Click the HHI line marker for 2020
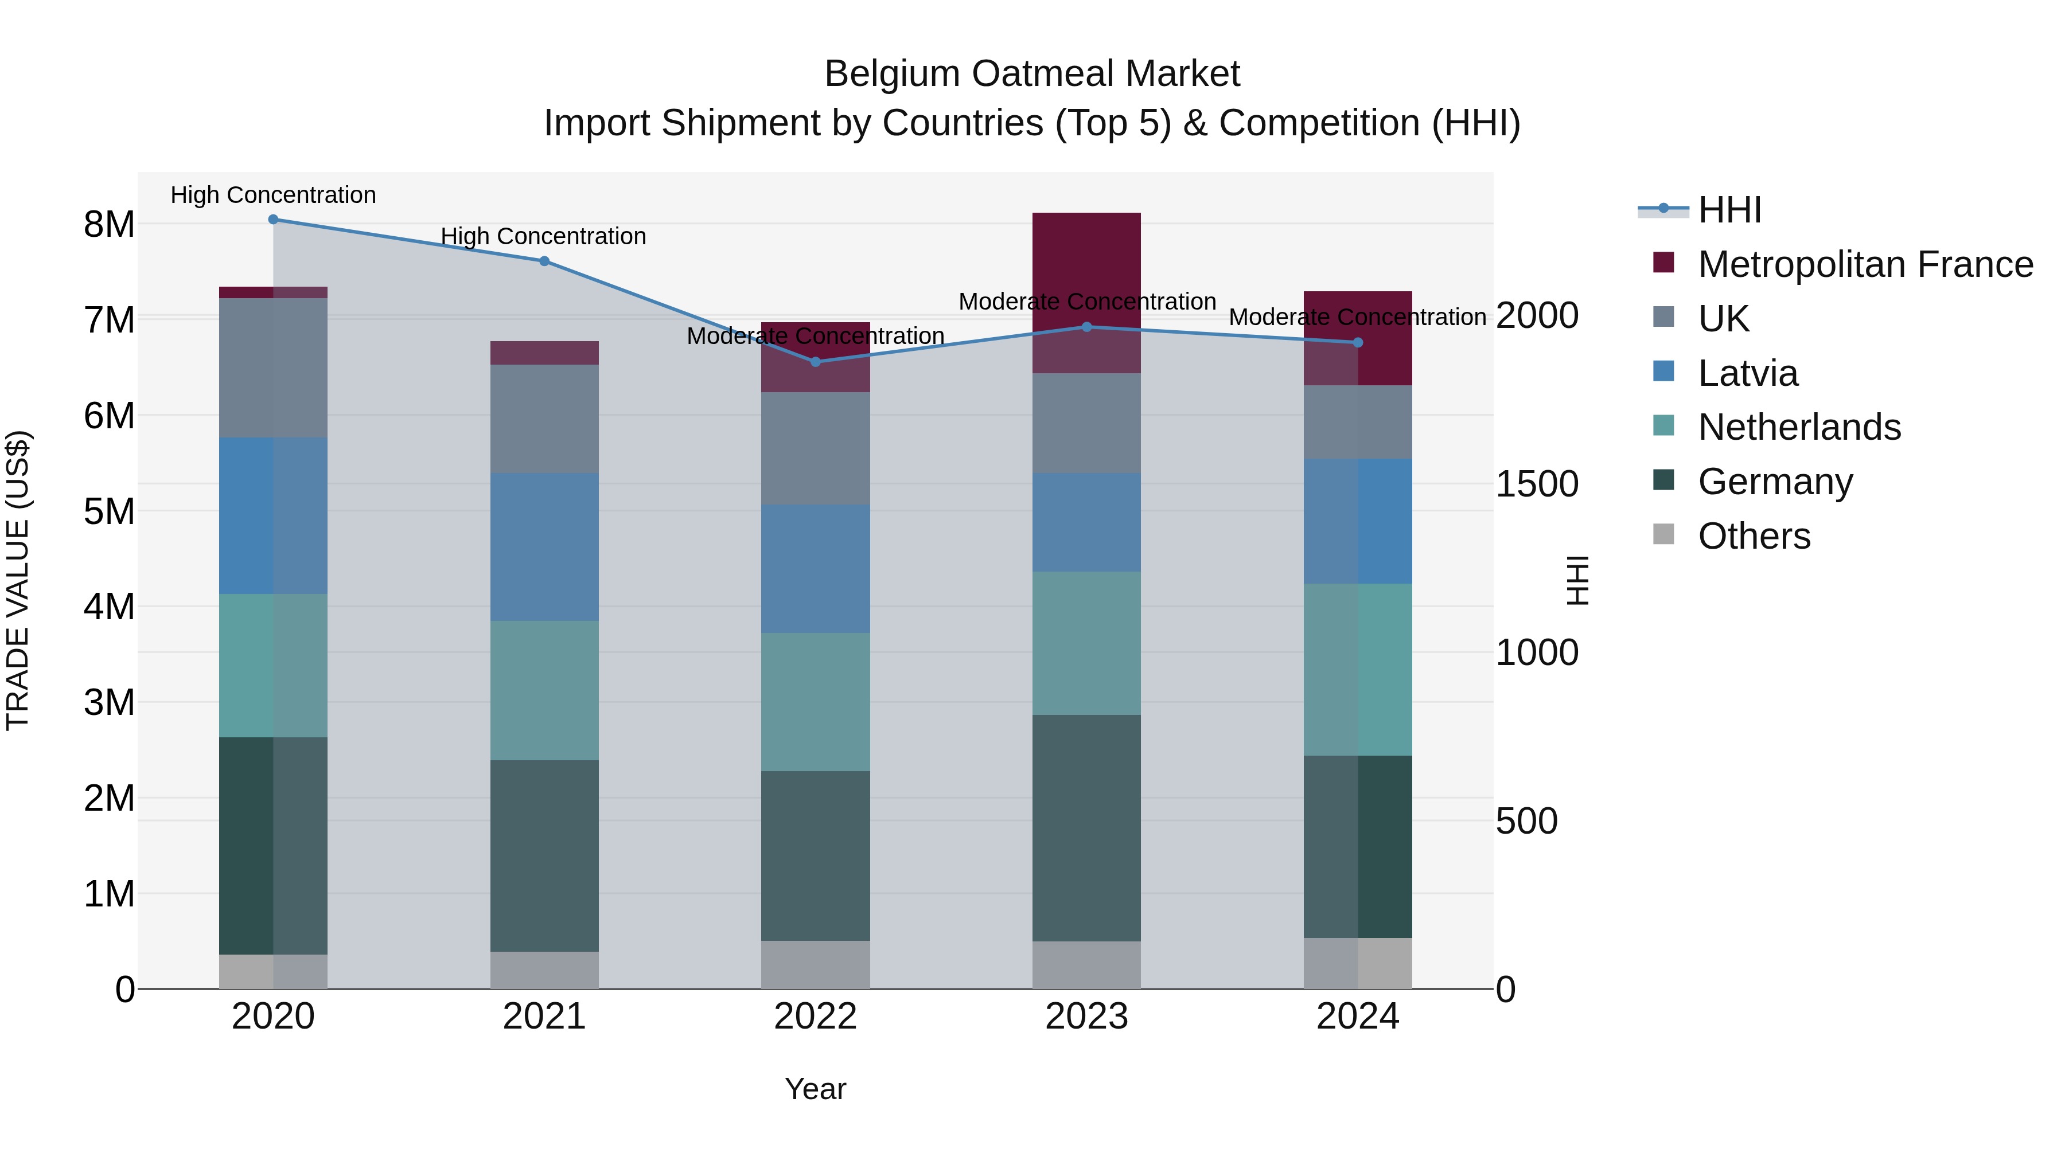pos(274,220)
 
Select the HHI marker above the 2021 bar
pos(544,261)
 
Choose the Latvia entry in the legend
pos(1748,373)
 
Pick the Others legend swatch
pos(1663,534)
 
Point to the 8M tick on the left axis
pos(109,224)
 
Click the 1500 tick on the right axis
pos(1537,484)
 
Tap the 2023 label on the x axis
pos(1086,1017)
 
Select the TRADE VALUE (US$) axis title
pos(18,580)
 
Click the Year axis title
pos(815,1089)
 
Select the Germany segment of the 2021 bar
pos(544,856)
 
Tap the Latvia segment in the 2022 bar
pos(815,569)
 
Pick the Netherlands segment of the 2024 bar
pos(1358,669)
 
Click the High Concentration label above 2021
pos(544,236)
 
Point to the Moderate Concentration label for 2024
pos(1357,317)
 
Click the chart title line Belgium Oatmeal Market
pos(1032,74)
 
